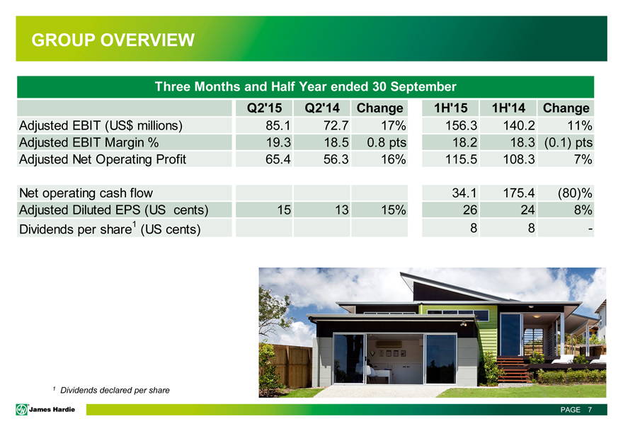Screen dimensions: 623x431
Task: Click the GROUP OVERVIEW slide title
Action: pyautogui.click(x=113, y=40)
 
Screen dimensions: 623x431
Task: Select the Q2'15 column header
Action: pyautogui.click(x=264, y=108)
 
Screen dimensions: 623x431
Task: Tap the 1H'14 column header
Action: pyautogui.click(x=508, y=108)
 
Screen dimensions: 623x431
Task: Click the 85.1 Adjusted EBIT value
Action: pyautogui.click(x=278, y=125)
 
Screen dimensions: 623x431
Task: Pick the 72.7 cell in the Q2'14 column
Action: pyautogui.click(x=336, y=125)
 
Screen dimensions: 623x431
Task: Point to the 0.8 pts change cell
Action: pyautogui.click(x=387, y=142)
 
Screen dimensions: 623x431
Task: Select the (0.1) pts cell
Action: pyautogui.click(x=568, y=142)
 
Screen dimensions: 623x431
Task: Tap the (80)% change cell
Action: pyautogui.click(x=575, y=193)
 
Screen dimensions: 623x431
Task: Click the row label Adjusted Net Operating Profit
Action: pyautogui.click(x=103, y=159)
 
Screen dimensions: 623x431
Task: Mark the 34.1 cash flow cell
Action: pyautogui.click(x=464, y=193)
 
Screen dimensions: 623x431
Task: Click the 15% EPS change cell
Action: pyautogui.click(x=394, y=209)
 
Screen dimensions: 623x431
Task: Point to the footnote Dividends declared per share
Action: pyautogui.click(x=115, y=390)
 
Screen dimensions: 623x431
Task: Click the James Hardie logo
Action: pyautogui.click(x=45, y=410)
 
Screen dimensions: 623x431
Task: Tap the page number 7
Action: pyautogui.click(x=590, y=410)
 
